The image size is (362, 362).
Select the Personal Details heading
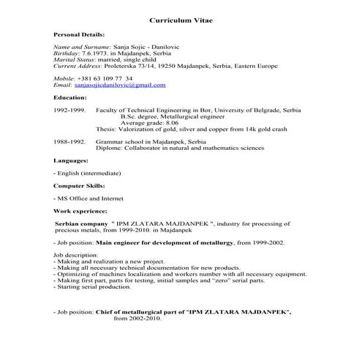tap(79, 34)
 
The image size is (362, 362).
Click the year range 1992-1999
tap(70, 109)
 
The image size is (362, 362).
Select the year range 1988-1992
tap(70, 138)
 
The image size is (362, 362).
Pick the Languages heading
tap(71, 159)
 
